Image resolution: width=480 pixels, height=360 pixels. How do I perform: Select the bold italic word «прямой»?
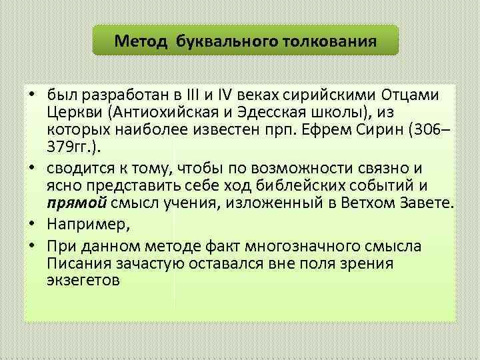click(x=71, y=201)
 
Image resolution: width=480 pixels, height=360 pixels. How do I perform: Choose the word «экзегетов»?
click(x=83, y=280)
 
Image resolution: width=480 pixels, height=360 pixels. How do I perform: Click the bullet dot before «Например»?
click(x=32, y=223)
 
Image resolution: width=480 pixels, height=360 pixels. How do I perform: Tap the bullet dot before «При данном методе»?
click(x=32, y=247)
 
